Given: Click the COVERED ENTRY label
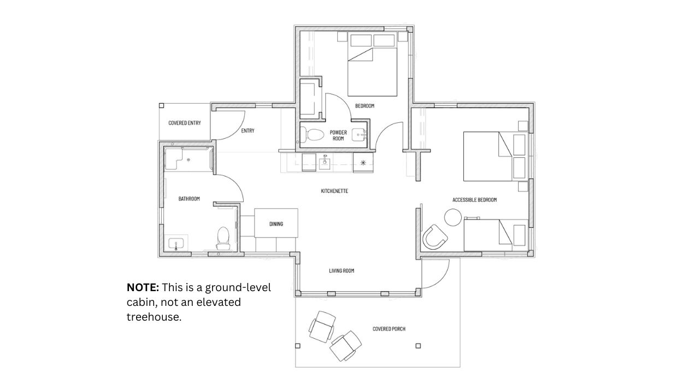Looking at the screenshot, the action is (184, 123).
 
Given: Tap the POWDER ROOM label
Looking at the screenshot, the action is (338, 135).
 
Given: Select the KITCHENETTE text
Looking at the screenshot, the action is (334, 191).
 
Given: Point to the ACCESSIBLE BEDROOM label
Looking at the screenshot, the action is (474, 200).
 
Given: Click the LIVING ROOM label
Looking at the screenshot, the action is (342, 271).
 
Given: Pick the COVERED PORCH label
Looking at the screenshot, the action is (389, 329).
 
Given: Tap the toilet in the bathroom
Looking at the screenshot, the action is (223, 238).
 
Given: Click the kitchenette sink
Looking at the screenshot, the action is (325, 163).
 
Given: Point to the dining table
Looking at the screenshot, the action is (276, 223).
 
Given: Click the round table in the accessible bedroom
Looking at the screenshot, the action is (453, 217).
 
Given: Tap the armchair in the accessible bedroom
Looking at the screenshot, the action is (434, 237).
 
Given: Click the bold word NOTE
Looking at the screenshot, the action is (143, 287).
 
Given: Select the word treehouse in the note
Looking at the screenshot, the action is (154, 317).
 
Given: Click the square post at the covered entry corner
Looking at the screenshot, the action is (161, 105).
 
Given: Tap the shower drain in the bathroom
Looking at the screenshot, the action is (189, 160).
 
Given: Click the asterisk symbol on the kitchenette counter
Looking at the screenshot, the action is (363, 163).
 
